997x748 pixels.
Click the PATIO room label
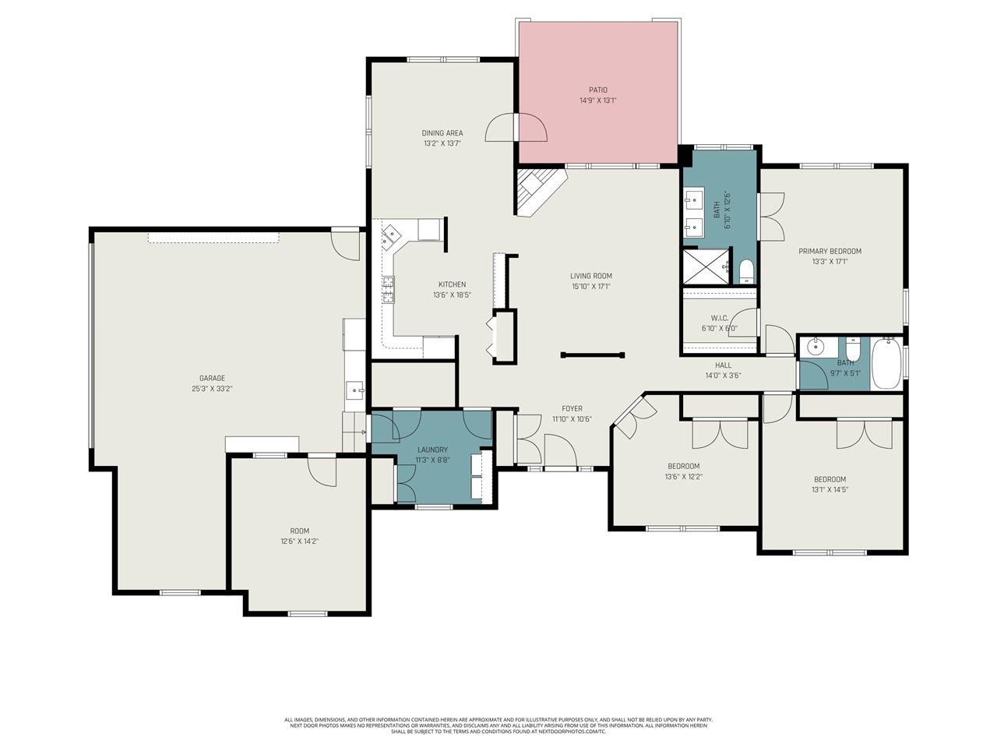coord(597,90)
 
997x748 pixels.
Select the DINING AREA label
coord(442,133)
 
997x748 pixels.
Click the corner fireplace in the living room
coord(537,190)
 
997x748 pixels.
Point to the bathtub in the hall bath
coord(886,362)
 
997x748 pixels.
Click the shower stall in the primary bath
coord(706,266)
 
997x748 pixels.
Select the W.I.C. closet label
coord(719,318)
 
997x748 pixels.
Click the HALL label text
coord(723,365)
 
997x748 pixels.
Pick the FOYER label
coord(572,408)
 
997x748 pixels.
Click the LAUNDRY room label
coord(432,450)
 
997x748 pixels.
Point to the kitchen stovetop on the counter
coord(387,289)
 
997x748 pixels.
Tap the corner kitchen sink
coord(392,233)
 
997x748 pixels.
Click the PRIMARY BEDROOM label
coord(830,251)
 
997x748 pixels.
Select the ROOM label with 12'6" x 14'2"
coord(299,531)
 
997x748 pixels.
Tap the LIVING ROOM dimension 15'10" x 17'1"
coord(590,286)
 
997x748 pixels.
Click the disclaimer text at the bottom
coord(498,725)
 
